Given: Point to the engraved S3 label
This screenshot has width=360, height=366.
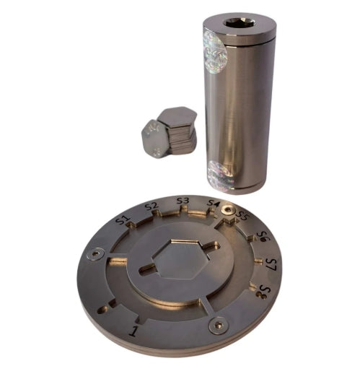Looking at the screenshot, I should click(183, 201).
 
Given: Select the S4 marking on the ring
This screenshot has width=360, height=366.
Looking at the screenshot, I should click(214, 204).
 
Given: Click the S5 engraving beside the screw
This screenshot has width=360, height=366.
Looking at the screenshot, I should click(243, 214).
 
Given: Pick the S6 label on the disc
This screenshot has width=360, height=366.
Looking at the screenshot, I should click(263, 236).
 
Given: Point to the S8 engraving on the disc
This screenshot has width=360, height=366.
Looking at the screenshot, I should click(266, 292).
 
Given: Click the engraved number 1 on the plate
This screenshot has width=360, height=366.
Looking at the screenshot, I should click(133, 331).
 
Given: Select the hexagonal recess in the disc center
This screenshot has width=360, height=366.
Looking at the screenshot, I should click(177, 261).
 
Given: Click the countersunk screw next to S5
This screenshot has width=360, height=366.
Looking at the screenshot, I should click(230, 210).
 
